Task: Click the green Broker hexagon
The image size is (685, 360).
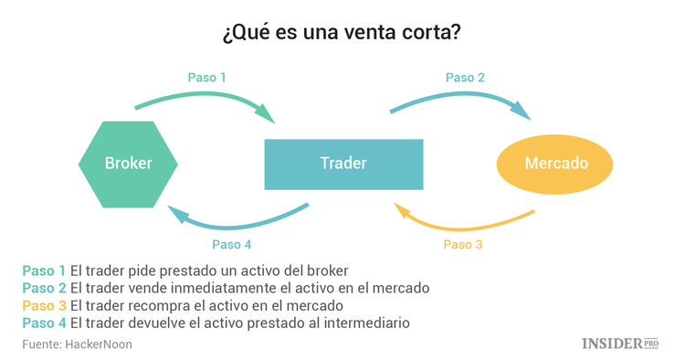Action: click(129, 164)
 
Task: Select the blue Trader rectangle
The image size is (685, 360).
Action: click(343, 164)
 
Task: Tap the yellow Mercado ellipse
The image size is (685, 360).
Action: click(555, 164)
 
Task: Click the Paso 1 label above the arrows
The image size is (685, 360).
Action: click(206, 78)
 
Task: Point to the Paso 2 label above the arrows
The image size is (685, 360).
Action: click(465, 78)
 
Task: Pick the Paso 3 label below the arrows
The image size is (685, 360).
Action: click(462, 244)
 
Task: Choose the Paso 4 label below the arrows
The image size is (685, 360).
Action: click(231, 244)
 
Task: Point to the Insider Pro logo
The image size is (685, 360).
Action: click(620, 344)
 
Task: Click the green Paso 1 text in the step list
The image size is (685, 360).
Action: click(44, 270)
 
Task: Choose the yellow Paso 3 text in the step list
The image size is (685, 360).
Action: click(44, 305)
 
